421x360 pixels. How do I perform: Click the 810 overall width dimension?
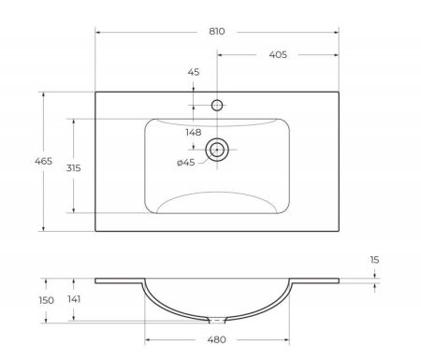217,31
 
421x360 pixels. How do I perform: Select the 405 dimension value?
277,56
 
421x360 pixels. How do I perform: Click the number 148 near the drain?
193,132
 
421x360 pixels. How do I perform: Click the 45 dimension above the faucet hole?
194,72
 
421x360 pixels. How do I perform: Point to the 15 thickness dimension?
374,260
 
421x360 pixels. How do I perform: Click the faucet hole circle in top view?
217,106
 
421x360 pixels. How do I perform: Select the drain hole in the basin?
217,149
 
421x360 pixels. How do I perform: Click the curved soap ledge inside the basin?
217,196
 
